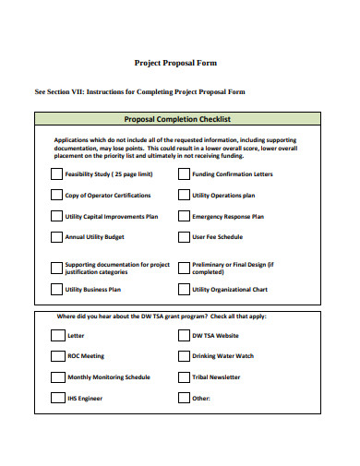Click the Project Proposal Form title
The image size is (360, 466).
(x=176, y=63)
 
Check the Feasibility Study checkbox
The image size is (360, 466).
(x=56, y=173)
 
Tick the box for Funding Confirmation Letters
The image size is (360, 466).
(x=184, y=173)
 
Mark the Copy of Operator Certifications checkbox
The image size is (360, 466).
(x=56, y=195)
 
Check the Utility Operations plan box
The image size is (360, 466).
(x=184, y=195)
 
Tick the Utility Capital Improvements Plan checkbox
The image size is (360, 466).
(x=56, y=216)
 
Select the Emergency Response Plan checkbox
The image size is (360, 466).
(x=184, y=216)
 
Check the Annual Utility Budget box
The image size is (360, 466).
(x=56, y=237)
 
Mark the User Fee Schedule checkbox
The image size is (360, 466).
(x=184, y=237)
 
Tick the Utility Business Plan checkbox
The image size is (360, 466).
(x=56, y=289)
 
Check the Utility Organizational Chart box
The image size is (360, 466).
(x=184, y=289)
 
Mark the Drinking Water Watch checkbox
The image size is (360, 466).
(x=183, y=356)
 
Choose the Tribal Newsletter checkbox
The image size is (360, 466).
(x=183, y=377)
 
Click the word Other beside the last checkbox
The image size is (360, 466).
(x=201, y=399)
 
